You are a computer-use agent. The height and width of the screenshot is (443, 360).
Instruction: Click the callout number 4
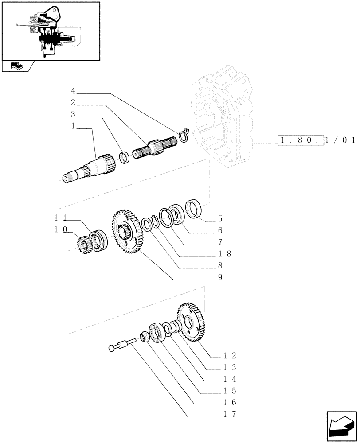(73, 91)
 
